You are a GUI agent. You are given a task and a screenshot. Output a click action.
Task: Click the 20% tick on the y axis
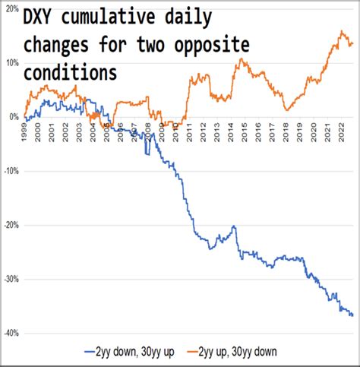pos(11,8)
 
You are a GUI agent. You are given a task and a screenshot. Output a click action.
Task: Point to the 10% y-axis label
pos(11,62)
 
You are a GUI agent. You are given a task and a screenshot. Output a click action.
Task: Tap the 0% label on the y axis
pos(12,117)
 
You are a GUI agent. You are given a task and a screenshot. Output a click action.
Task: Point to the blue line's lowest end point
pos(352,315)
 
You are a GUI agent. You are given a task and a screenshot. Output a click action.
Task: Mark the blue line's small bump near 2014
pos(233,226)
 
